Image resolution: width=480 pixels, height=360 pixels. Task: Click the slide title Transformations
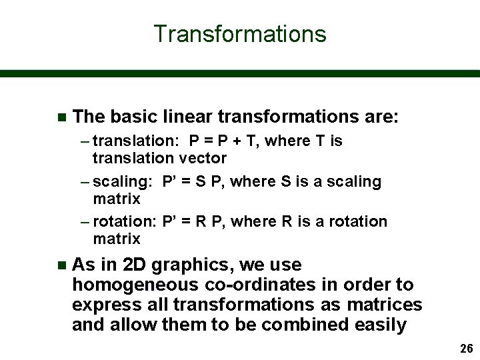tap(240, 33)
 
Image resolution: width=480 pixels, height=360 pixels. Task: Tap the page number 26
tap(465, 349)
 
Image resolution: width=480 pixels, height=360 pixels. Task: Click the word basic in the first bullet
tap(135, 117)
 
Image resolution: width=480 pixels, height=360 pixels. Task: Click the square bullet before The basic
tap(61, 118)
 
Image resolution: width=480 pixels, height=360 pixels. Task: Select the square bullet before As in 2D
tap(61, 266)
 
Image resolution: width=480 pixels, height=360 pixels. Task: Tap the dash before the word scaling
tap(86, 182)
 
